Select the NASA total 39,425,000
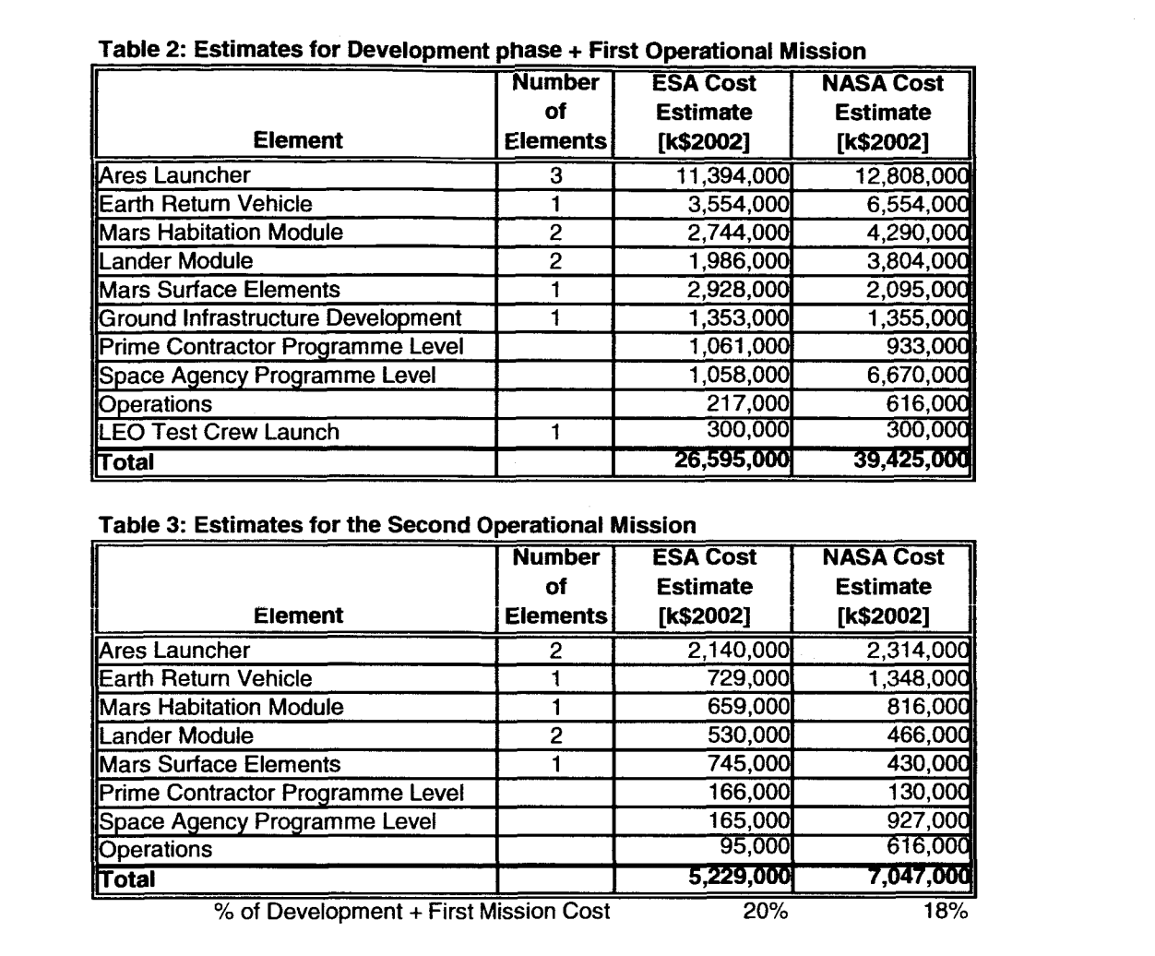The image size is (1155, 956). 911,460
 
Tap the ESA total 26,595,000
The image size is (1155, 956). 732,460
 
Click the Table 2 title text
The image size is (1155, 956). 482,51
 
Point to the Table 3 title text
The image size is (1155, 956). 397,525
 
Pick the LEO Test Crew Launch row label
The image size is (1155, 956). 219,432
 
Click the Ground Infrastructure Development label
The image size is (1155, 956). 280,318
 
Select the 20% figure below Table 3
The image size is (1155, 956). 766,912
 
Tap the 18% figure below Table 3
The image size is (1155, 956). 945,912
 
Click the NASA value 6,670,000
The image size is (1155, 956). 918,376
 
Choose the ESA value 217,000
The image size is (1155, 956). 748,404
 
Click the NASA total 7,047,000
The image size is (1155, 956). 918,878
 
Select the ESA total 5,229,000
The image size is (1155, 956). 740,878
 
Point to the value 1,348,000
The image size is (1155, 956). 918,679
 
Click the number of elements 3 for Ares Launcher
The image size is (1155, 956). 555,175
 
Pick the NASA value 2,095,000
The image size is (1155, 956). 918,290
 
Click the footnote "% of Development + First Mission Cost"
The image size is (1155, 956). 411,912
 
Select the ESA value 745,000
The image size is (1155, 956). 748,764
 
